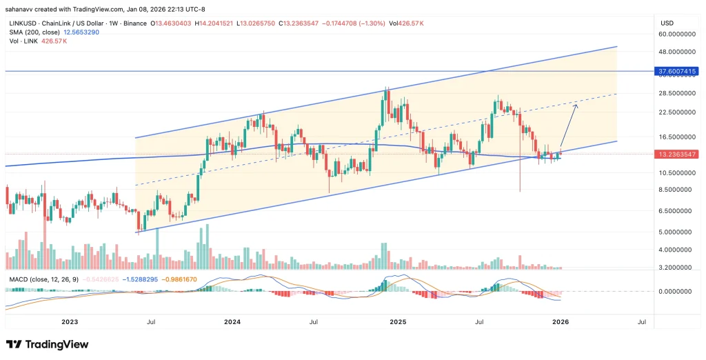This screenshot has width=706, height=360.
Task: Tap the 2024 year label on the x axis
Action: click(x=232, y=321)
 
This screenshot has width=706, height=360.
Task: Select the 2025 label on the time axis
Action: click(x=398, y=321)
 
